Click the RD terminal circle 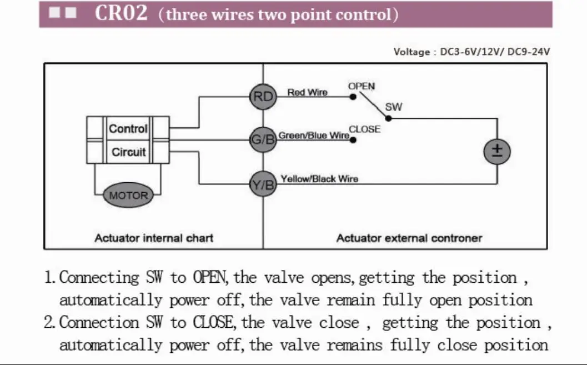(x=263, y=97)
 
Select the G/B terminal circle (x=263, y=139)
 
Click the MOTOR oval (x=129, y=196)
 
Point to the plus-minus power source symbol (x=497, y=151)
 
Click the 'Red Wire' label (x=307, y=92)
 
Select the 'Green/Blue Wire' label (x=314, y=135)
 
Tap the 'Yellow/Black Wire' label (x=319, y=179)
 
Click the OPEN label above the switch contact (x=362, y=86)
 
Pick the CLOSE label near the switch (x=365, y=129)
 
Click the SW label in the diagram (x=393, y=107)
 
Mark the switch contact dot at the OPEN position (x=353, y=97)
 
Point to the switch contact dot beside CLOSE (x=353, y=139)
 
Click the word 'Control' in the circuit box (x=128, y=129)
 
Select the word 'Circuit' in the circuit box (x=129, y=152)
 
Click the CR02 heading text (x=121, y=13)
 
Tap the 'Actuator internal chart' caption (x=154, y=238)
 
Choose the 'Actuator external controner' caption (x=409, y=238)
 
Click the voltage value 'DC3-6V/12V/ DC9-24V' (x=495, y=52)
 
